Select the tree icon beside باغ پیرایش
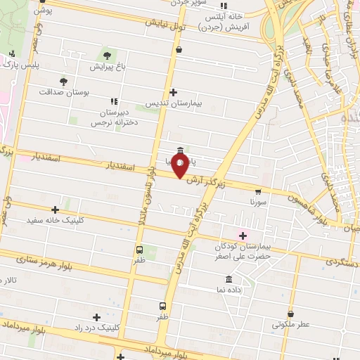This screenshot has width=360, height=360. [107, 55]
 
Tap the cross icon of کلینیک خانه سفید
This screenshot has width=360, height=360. [56, 209]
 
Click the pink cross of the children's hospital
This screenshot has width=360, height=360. [243, 235]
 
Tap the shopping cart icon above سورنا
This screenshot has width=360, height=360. [258, 191]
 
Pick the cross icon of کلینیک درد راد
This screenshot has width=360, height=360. [96, 317]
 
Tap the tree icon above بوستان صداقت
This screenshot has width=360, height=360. [63, 81]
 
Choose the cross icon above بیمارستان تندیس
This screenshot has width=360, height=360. [174, 92]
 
